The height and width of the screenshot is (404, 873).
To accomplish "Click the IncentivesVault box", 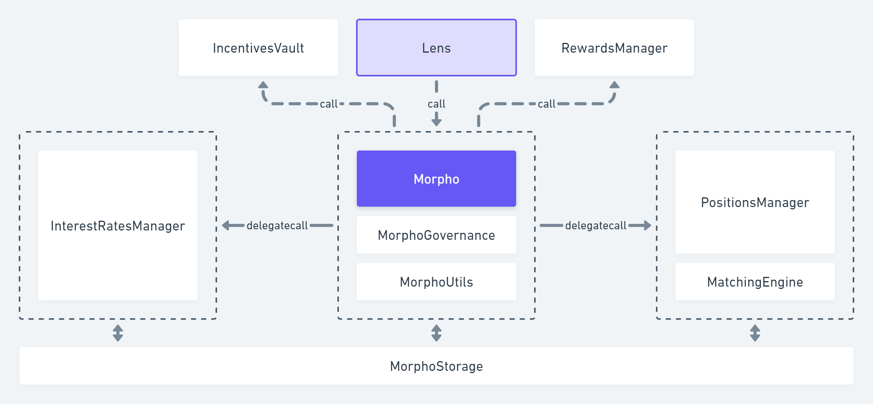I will [x=258, y=48].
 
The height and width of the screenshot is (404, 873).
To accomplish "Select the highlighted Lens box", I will [x=436, y=48].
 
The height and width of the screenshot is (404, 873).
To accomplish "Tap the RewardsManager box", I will [x=614, y=48].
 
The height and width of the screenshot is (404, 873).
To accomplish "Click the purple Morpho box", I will [x=436, y=179].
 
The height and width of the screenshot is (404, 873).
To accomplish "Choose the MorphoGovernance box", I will [x=436, y=235].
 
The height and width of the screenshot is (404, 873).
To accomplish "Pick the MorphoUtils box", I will [x=436, y=282].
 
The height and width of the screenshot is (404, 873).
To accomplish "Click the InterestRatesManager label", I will [x=118, y=226].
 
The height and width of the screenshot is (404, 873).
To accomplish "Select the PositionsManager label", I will [x=755, y=202].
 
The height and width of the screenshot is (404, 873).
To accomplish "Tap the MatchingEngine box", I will [x=755, y=282].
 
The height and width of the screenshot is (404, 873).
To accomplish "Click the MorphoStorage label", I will [x=436, y=366].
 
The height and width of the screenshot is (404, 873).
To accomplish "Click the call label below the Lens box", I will [x=436, y=104].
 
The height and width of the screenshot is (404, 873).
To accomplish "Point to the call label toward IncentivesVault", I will [x=328, y=104].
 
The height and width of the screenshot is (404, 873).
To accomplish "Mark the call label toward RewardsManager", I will [x=546, y=104].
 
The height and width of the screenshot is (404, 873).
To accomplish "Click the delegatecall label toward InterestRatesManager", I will [x=277, y=225].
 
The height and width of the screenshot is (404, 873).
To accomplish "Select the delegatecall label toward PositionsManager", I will [x=595, y=225].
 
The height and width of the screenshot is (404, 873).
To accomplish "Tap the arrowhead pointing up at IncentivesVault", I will [x=263, y=85].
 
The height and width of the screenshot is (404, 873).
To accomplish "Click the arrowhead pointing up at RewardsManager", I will [x=615, y=85].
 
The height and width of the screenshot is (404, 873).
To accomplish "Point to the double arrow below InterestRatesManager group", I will [x=118, y=333].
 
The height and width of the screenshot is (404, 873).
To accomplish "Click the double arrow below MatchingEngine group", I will [x=755, y=333].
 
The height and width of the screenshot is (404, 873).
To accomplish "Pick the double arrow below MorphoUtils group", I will [x=436, y=333].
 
